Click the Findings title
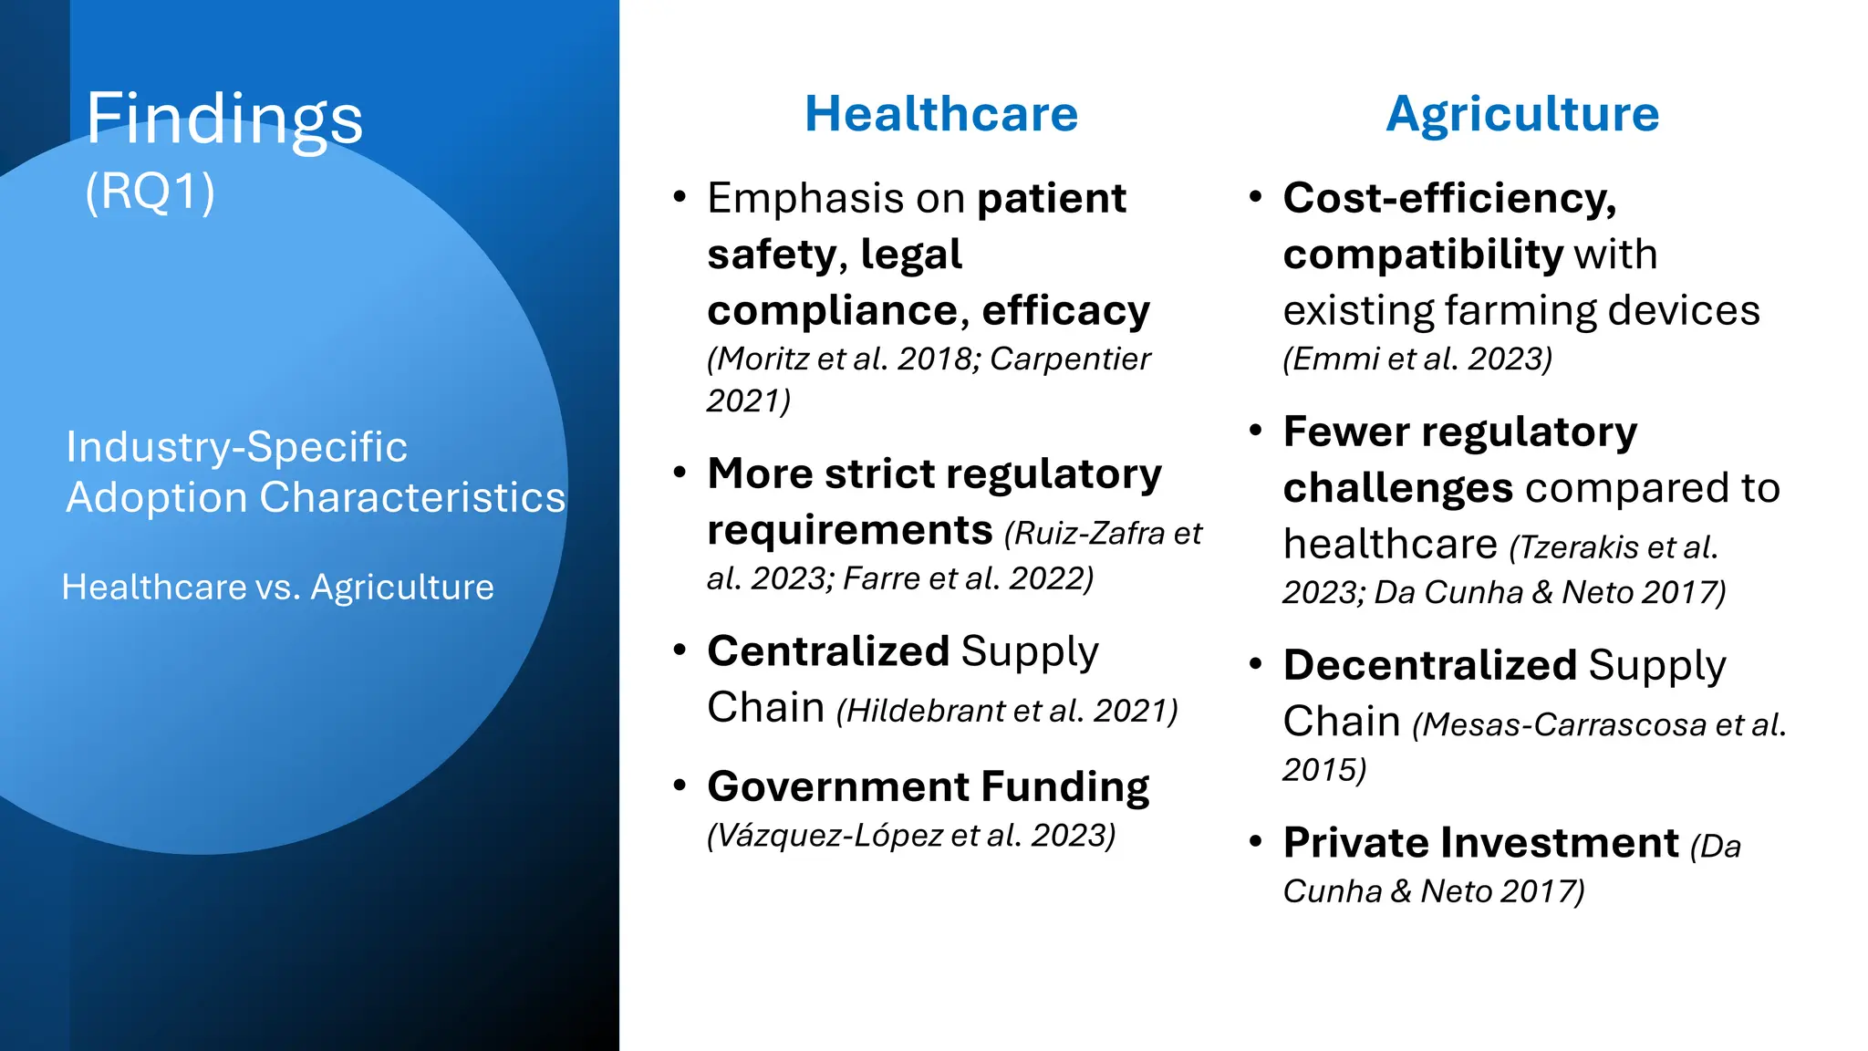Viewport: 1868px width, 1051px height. [x=224, y=119]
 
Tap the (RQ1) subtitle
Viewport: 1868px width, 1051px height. [x=150, y=192]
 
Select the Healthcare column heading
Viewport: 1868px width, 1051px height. [x=940, y=114]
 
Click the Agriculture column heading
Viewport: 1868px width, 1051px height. [x=1522, y=114]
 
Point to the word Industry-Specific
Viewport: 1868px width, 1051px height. [x=236, y=447]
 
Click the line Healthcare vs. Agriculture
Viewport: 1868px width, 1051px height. [x=277, y=587]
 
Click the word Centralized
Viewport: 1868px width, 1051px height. [x=828, y=651]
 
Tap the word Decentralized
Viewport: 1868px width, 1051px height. [x=1429, y=665]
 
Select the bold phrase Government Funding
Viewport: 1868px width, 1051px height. [x=928, y=786]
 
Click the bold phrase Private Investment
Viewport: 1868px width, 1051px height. [x=1480, y=843]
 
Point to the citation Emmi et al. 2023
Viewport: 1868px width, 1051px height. [x=1417, y=359]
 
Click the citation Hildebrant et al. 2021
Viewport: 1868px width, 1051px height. [x=1007, y=711]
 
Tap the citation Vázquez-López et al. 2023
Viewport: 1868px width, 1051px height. [x=911, y=836]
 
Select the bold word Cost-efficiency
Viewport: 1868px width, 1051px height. [x=1449, y=198]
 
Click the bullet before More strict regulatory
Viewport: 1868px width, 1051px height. [x=680, y=473]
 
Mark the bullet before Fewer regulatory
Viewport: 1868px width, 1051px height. [x=1256, y=431]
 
